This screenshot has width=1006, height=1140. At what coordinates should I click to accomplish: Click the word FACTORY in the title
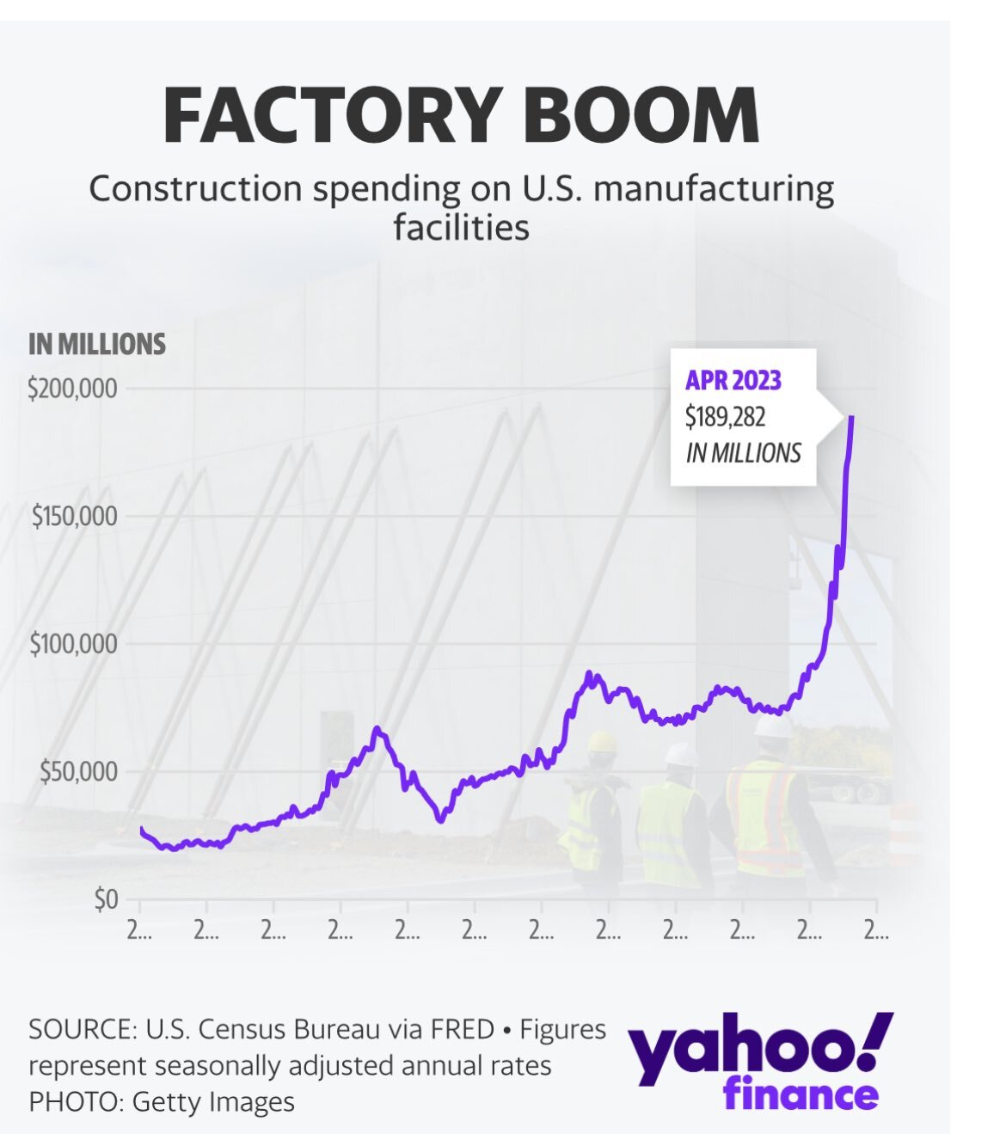click(x=332, y=114)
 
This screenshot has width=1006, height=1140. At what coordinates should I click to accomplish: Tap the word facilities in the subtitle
click(x=461, y=228)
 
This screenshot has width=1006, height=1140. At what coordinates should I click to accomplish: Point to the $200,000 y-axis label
click(x=72, y=389)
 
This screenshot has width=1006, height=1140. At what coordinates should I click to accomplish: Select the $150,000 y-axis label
click(x=74, y=517)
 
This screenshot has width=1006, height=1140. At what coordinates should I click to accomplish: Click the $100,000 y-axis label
click(x=74, y=644)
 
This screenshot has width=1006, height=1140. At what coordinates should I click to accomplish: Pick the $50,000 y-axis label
click(x=78, y=771)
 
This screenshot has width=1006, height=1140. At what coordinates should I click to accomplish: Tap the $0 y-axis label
click(x=106, y=899)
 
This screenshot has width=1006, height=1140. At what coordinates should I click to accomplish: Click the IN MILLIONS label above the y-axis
click(x=97, y=344)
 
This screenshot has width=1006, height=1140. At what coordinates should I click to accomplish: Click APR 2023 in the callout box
click(x=733, y=380)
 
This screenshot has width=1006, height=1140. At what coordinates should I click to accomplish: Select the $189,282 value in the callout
click(x=725, y=417)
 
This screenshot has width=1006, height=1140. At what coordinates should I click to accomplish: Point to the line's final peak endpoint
click(x=851, y=417)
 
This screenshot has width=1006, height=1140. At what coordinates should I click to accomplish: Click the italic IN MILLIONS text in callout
click(x=743, y=453)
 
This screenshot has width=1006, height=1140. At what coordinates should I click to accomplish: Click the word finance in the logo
click(x=801, y=1095)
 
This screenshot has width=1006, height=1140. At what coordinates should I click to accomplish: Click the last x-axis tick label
click(x=876, y=931)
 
